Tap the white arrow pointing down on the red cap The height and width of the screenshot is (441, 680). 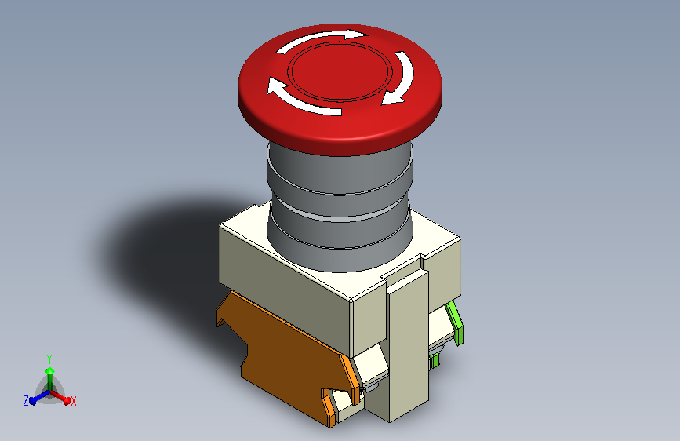click(x=400, y=78)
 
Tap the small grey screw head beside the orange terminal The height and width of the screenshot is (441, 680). click(x=373, y=385)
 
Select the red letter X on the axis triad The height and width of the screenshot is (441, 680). click(x=74, y=401)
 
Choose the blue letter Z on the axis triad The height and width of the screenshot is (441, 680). click(x=26, y=400)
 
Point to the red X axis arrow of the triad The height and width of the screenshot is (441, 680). click(x=63, y=397)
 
